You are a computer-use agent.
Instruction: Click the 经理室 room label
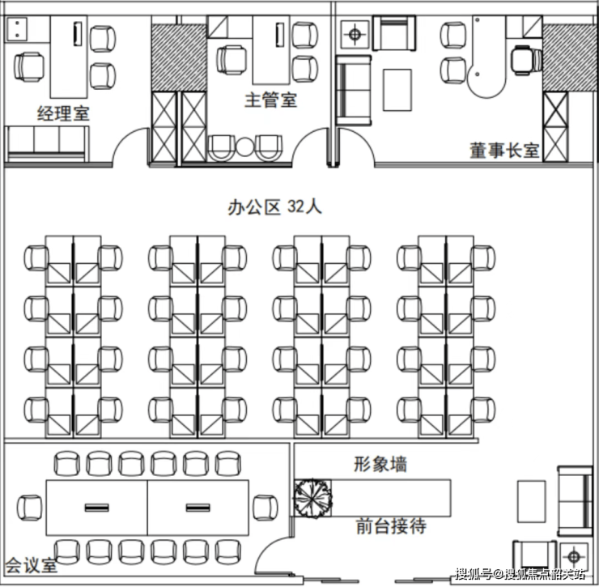63,113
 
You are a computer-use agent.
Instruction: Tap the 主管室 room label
271,100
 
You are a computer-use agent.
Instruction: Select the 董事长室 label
504,150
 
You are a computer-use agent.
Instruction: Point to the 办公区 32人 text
274,206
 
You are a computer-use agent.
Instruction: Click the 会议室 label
32,565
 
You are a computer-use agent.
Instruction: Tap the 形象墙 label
380,464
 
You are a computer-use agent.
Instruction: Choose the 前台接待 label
391,525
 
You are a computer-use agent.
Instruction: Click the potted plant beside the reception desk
312,498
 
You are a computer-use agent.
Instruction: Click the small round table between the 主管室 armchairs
244,147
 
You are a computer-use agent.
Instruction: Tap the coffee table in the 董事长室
397,90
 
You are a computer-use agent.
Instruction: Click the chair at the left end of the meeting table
30,508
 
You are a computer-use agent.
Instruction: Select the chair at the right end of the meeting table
266,508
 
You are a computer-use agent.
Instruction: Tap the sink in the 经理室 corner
15,29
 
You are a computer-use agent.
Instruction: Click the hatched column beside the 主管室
179,57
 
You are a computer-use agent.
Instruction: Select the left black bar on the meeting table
96,508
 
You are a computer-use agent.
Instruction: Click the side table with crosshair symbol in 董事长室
355,35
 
